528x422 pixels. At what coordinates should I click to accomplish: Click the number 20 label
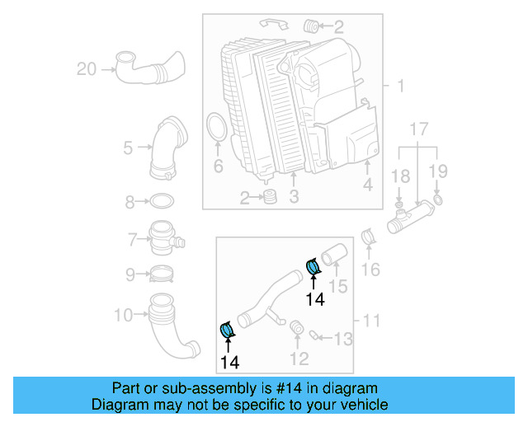(x=87, y=69)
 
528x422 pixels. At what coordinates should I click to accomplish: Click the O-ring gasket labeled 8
(x=162, y=201)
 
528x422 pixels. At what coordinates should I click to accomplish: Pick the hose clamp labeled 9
(x=163, y=274)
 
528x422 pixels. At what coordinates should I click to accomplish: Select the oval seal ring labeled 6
(x=217, y=132)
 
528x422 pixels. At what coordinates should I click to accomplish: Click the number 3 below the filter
(x=293, y=197)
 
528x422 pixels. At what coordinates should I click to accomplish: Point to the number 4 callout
(x=367, y=185)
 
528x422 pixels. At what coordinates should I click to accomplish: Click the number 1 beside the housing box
(x=400, y=87)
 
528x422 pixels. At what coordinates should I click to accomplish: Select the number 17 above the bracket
(x=419, y=129)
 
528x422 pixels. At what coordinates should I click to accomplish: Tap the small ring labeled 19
(x=437, y=199)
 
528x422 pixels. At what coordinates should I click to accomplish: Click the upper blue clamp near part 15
(x=313, y=267)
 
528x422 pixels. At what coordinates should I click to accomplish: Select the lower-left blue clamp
(x=228, y=331)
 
